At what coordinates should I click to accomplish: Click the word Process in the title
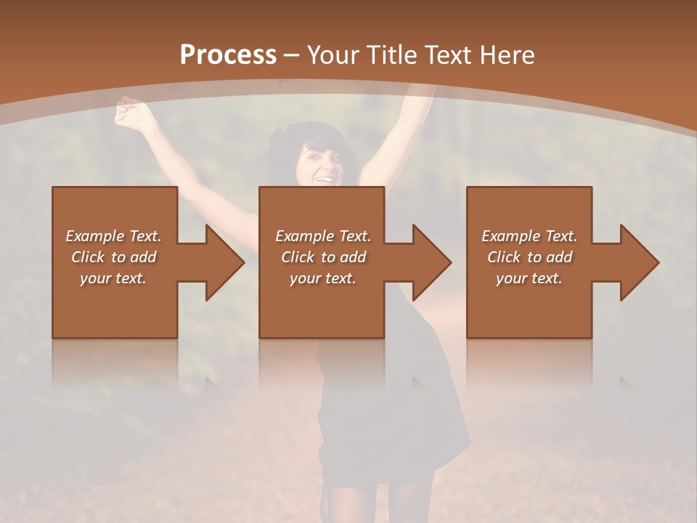coord(228,54)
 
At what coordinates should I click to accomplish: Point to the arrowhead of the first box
coord(225,262)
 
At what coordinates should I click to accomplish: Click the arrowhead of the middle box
coord(432,262)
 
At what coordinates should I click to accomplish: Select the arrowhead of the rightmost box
coord(640,262)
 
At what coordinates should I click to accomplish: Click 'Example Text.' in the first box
coord(113,236)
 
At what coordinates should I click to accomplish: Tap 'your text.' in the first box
coord(113,278)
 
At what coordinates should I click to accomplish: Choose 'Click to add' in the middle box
coord(322,257)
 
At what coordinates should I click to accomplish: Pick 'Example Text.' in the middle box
coord(322,236)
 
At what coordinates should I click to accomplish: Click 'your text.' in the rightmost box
coord(529,278)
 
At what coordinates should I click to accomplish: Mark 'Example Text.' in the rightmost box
coord(529,236)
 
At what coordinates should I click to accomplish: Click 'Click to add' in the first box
coord(113,257)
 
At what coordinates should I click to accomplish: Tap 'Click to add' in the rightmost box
coord(529,257)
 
